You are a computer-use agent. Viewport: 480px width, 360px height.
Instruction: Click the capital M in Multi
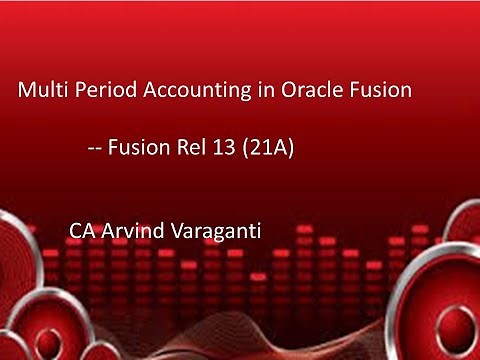point(27,91)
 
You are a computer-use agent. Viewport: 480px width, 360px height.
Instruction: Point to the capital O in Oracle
point(282,91)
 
